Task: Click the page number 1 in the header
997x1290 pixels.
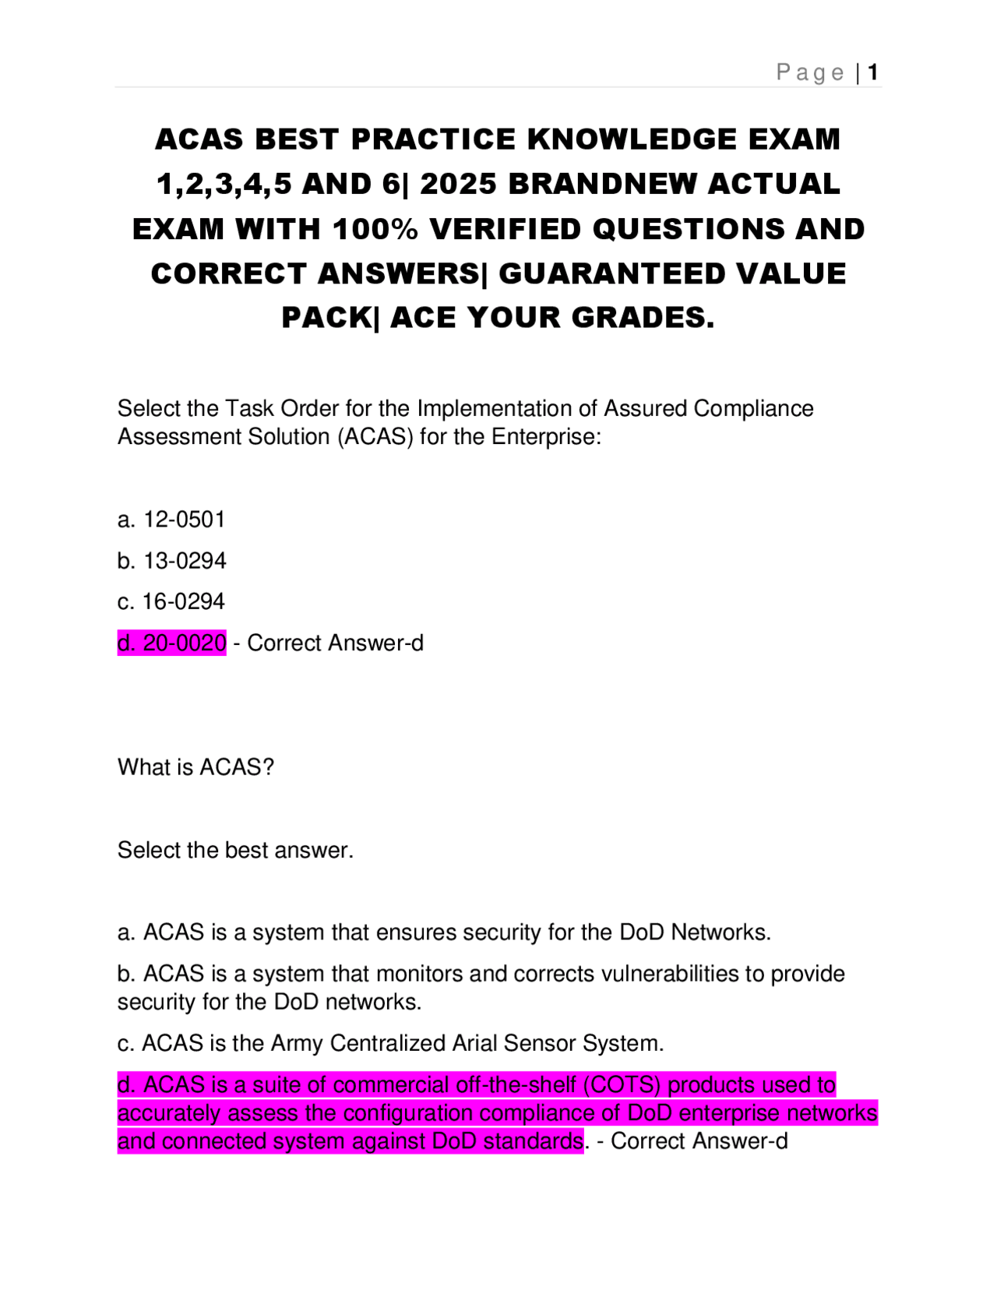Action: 873,72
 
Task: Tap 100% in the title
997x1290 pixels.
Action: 375,229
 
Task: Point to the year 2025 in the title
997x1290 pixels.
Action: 458,184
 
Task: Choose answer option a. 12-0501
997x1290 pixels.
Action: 171,520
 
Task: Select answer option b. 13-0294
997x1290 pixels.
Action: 171,561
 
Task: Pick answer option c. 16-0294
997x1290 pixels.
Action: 171,601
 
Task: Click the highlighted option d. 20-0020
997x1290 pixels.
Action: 171,643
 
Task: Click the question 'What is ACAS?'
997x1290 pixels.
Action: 196,767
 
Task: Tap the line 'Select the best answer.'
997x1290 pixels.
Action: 235,850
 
